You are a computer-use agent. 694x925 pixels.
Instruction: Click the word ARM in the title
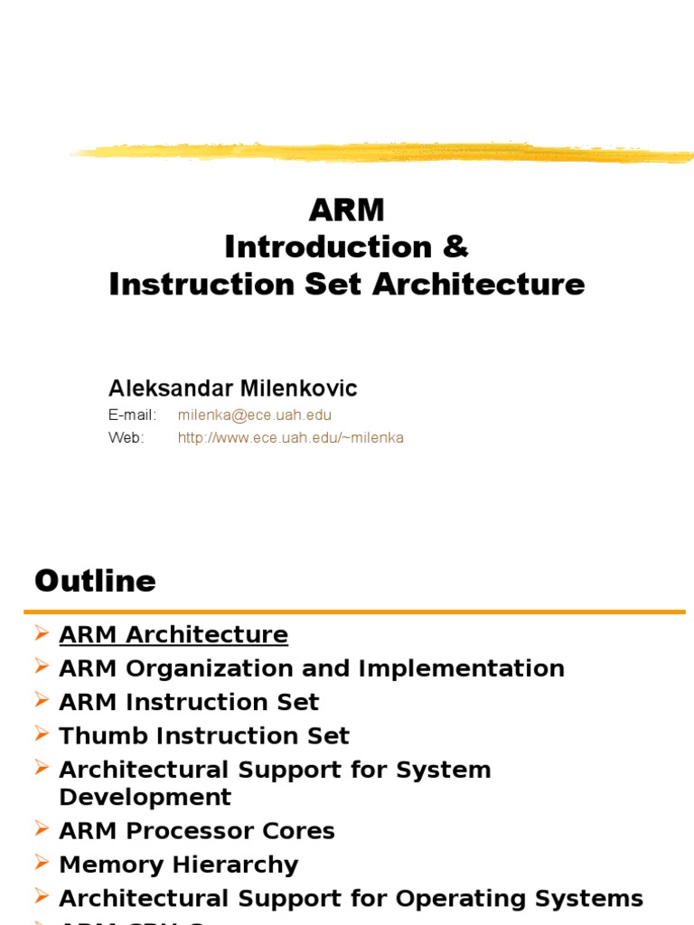pos(347,210)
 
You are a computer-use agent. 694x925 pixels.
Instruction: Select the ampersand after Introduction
pos(456,247)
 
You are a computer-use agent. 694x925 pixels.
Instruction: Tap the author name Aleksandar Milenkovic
pos(233,388)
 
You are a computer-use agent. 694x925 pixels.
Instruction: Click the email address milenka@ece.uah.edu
pos(255,416)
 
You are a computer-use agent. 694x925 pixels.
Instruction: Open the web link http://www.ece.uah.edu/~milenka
pos(291,438)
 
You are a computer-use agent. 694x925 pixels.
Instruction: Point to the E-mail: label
pos(133,416)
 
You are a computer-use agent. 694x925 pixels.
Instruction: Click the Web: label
pos(127,438)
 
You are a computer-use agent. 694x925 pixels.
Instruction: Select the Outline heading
pos(95,581)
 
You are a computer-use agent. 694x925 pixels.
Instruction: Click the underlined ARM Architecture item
pos(173,635)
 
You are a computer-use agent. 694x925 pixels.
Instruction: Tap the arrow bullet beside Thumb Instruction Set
pos(42,733)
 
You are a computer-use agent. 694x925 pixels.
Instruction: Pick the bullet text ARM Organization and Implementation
pos(312,668)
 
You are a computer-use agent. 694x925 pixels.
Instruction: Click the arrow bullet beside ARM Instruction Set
pos(42,700)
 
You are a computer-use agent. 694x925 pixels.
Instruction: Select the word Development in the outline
pos(145,798)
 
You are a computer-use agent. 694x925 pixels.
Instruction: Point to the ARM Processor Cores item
pos(197,831)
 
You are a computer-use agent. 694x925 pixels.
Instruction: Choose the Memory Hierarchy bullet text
pos(179,864)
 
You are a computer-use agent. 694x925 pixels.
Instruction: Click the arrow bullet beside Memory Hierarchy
pos(42,863)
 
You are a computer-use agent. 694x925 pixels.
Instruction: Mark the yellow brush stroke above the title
pos(380,153)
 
